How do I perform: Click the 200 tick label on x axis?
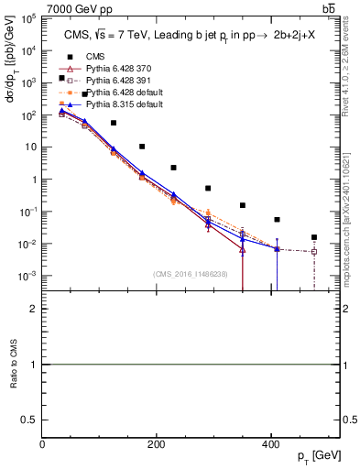tap(156, 445)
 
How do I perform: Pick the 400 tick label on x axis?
tap(269, 445)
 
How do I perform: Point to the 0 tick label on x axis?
tap(42, 445)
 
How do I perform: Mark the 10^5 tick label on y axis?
tap(27, 18)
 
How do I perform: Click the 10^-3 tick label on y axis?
tap(27, 276)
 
